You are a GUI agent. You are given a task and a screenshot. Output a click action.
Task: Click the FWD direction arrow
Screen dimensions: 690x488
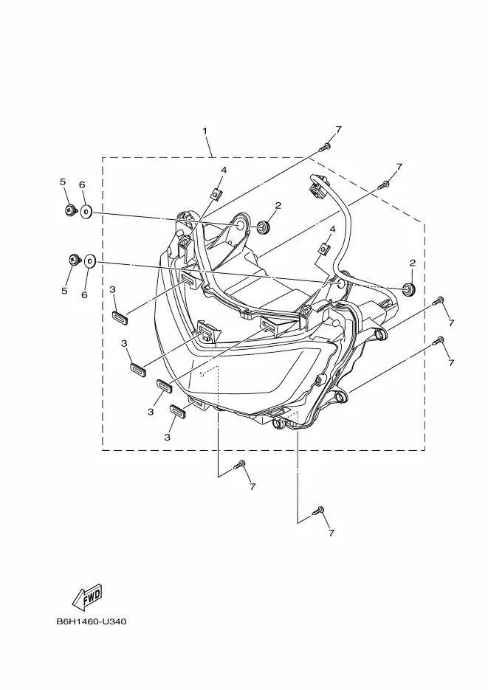[x=86, y=596]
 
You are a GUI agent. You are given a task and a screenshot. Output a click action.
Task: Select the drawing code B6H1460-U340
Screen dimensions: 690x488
[x=92, y=621]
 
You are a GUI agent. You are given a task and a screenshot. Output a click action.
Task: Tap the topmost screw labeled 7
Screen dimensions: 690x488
[x=325, y=147]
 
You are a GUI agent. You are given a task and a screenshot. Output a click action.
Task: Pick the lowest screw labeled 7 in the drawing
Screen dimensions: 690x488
[x=320, y=510]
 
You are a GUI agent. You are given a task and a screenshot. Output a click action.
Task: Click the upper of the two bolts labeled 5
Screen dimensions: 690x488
[x=69, y=211]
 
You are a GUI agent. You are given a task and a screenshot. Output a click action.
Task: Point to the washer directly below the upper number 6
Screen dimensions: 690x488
[x=86, y=212]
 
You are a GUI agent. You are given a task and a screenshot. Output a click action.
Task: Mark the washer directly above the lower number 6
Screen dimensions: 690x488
[x=89, y=261]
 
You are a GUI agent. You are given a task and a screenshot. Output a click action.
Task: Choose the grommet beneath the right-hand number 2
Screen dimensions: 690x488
[x=408, y=286]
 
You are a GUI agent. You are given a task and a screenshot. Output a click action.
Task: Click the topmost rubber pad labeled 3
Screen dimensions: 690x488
[x=120, y=317]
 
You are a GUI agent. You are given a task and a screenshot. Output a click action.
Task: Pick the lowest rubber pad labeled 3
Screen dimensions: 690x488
[x=177, y=411]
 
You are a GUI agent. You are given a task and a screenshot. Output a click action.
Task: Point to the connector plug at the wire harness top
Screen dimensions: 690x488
[x=319, y=190]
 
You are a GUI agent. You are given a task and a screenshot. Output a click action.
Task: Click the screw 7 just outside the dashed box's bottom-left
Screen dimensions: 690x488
[x=240, y=466]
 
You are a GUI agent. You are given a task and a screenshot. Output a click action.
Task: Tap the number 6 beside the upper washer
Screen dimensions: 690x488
[x=82, y=184]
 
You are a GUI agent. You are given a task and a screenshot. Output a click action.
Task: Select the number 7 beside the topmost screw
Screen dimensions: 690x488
[x=338, y=130]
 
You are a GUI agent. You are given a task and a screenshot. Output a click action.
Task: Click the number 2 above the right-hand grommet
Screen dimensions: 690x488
[x=412, y=263]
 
